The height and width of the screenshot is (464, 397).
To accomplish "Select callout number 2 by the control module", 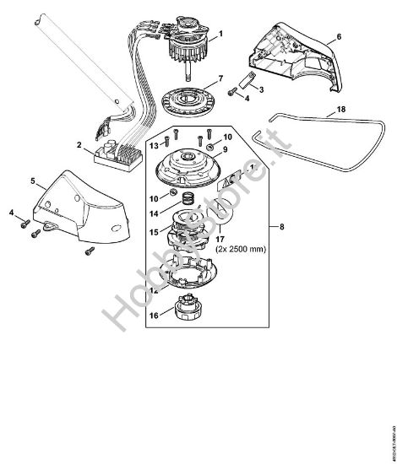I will pyautogui.click(x=79, y=146).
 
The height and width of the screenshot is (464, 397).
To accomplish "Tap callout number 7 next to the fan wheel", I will pyautogui.click(x=220, y=79).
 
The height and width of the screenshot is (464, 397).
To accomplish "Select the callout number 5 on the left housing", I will pyautogui.click(x=32, y=181).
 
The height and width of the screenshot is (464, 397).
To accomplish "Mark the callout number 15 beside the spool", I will pyautogui.click(x=154, y=230).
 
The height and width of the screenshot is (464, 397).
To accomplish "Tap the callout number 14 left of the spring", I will pyautogui.click(x=154, y=213).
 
